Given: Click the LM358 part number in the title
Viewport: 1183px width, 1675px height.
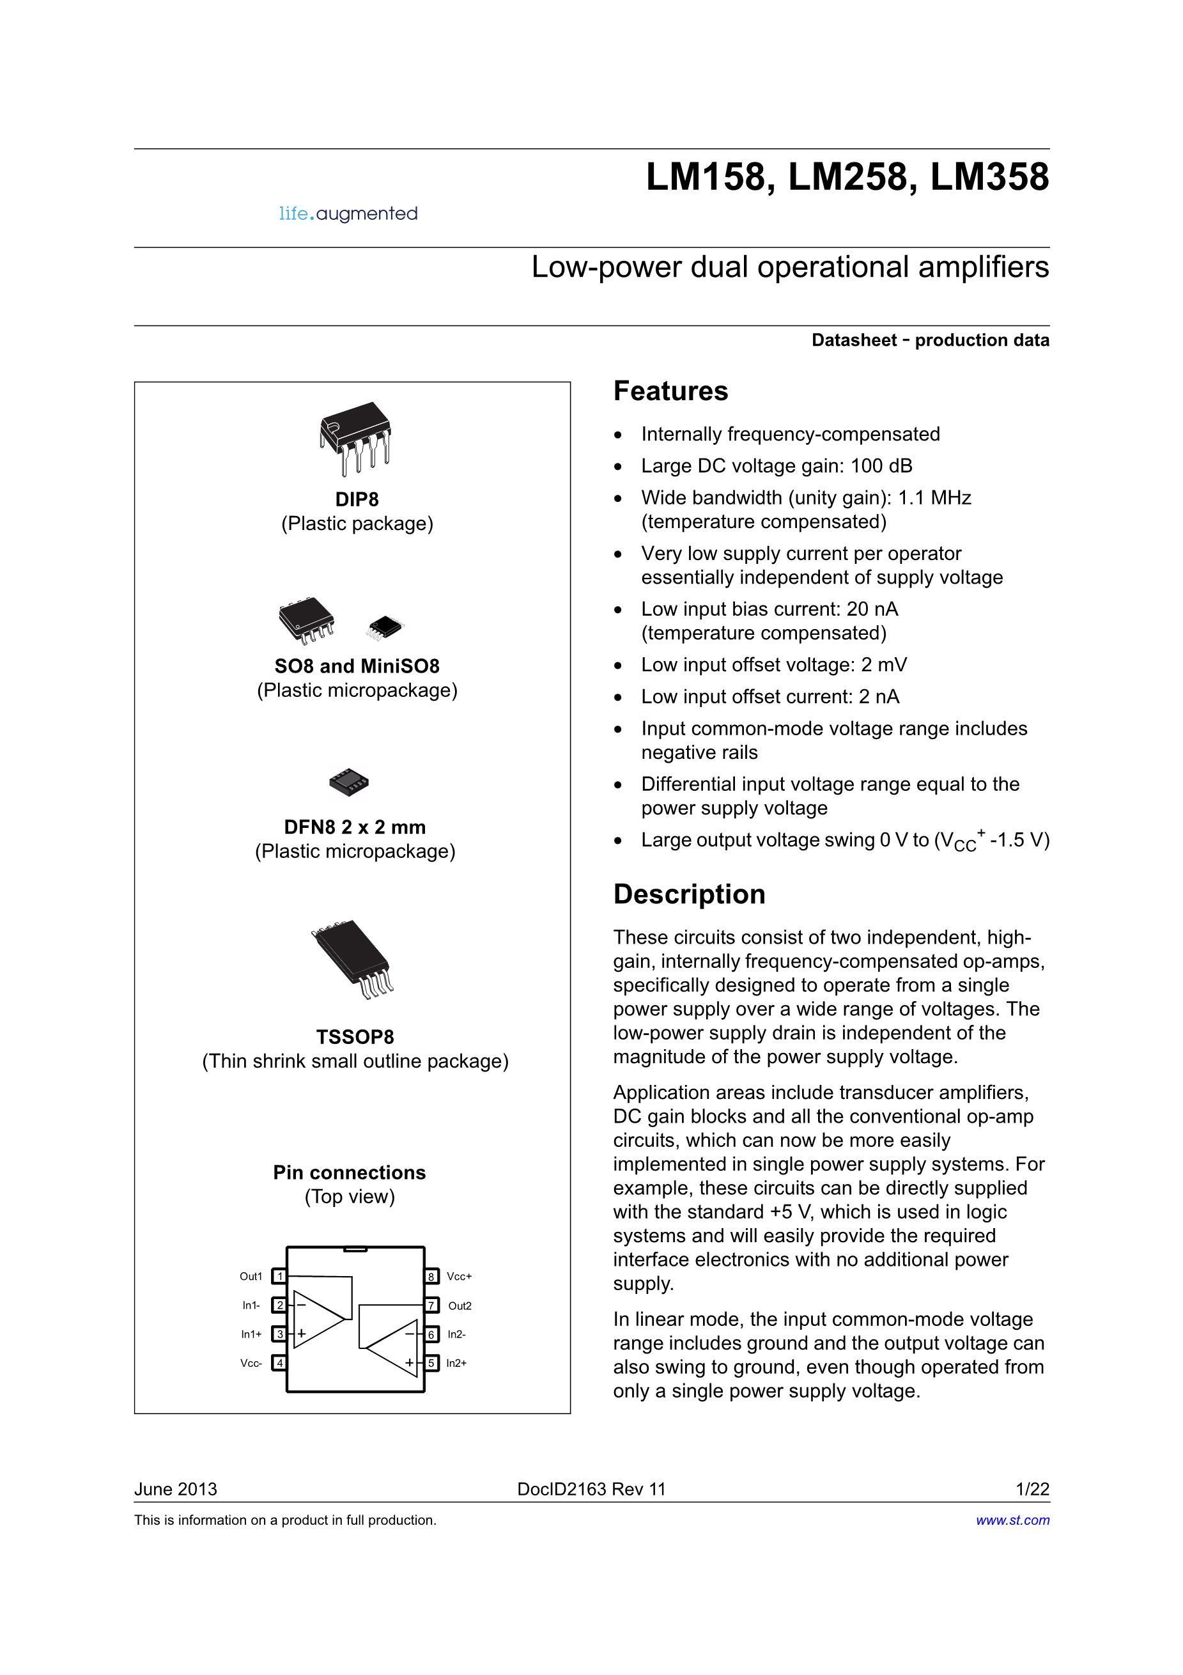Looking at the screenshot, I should tap(990, 177).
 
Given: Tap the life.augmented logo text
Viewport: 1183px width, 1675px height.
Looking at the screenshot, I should tap(348, 214).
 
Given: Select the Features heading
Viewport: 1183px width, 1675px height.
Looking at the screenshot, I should tap(670, 391).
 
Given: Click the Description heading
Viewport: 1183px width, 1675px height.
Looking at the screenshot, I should tap(689, 894).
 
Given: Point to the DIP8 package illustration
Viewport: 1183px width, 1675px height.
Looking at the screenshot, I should tap(355, 439).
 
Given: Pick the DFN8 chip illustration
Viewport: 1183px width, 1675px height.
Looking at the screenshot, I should tap(348, 782).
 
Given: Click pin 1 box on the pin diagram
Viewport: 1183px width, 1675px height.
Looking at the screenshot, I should tap(279, 1276).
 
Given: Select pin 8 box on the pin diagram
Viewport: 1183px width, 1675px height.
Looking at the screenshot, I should tap(432, 1276).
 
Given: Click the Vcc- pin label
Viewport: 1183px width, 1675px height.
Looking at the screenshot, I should tap(251, 1363).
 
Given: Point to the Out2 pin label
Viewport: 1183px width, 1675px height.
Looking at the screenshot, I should tap(460, 1305).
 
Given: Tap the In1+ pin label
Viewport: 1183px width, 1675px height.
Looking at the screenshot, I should tap(252, 1334).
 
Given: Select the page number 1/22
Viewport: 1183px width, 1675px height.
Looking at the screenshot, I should tap(1033, 1490).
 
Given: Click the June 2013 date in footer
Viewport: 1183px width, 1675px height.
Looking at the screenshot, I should tap(176, 1490).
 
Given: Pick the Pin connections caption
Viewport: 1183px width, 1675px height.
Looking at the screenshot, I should tap(350, 1172).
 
